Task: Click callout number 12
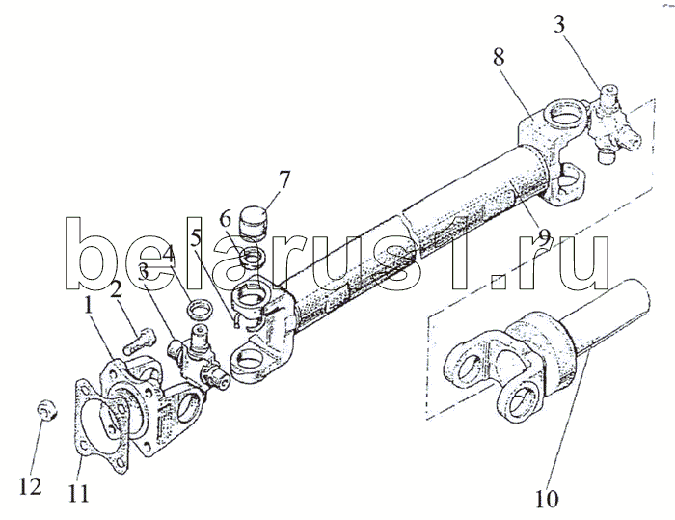(30, 486)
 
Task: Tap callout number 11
(80, 493)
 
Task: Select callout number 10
(547, 499)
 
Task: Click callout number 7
(284, 180)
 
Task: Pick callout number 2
(116, 290)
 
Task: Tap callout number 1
(88, 307)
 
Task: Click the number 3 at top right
(558, 25)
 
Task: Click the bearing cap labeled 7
(254, 222)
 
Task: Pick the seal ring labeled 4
(200, 310)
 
